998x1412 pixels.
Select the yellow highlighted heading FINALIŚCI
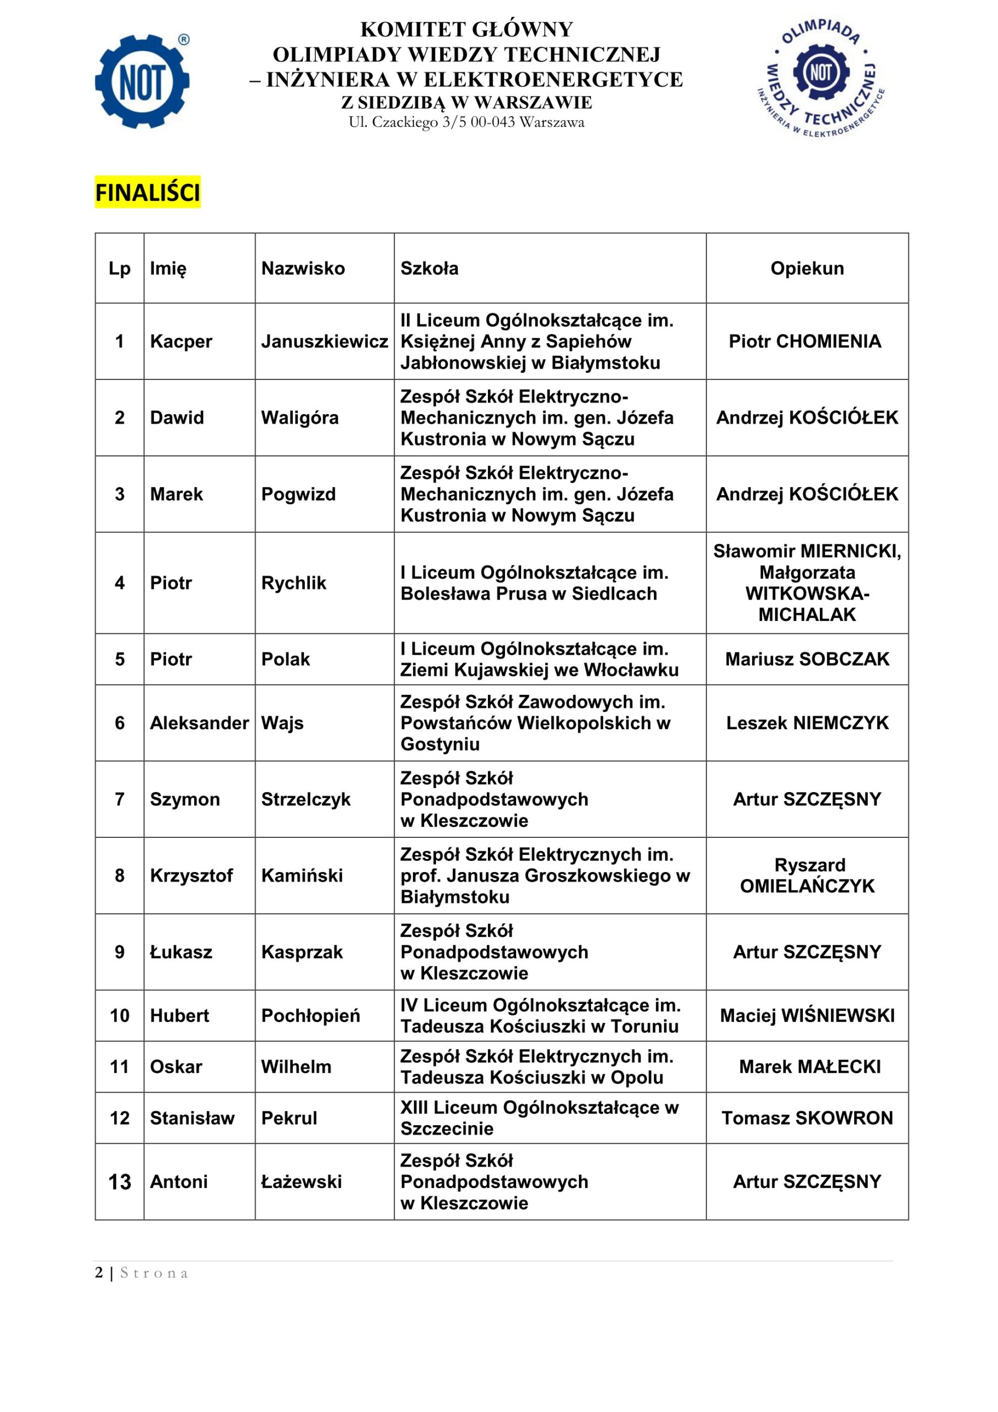click(x=148, y=193)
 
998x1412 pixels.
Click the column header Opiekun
click(x=807, y=268)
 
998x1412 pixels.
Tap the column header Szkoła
click(x=429, y=268)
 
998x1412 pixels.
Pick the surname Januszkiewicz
click(x=325, y=341)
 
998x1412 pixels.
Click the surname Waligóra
click(x=300, y=418)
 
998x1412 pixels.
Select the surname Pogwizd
click(x=298, y=494)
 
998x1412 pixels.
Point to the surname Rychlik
click(x=294, y=582)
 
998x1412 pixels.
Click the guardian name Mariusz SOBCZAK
click(x=807, y=659)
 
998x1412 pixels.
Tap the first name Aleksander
click(x=199, y=723)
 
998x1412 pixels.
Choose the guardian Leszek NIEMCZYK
click(x=807, y=723)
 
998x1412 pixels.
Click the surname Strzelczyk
click(x=305, y=799)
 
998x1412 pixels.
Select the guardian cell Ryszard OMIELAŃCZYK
click(x=807, y=875)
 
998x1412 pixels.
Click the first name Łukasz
click(x=181, y=951)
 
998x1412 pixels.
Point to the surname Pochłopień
click(x=310, y=1015)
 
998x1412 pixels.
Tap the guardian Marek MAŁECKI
click(x=809, y=1066)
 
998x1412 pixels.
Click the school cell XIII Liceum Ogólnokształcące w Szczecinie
click(x=539, y=1117)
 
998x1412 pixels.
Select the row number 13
click(x=120, y=1181)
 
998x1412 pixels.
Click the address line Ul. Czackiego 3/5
click(x=466, y=122)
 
